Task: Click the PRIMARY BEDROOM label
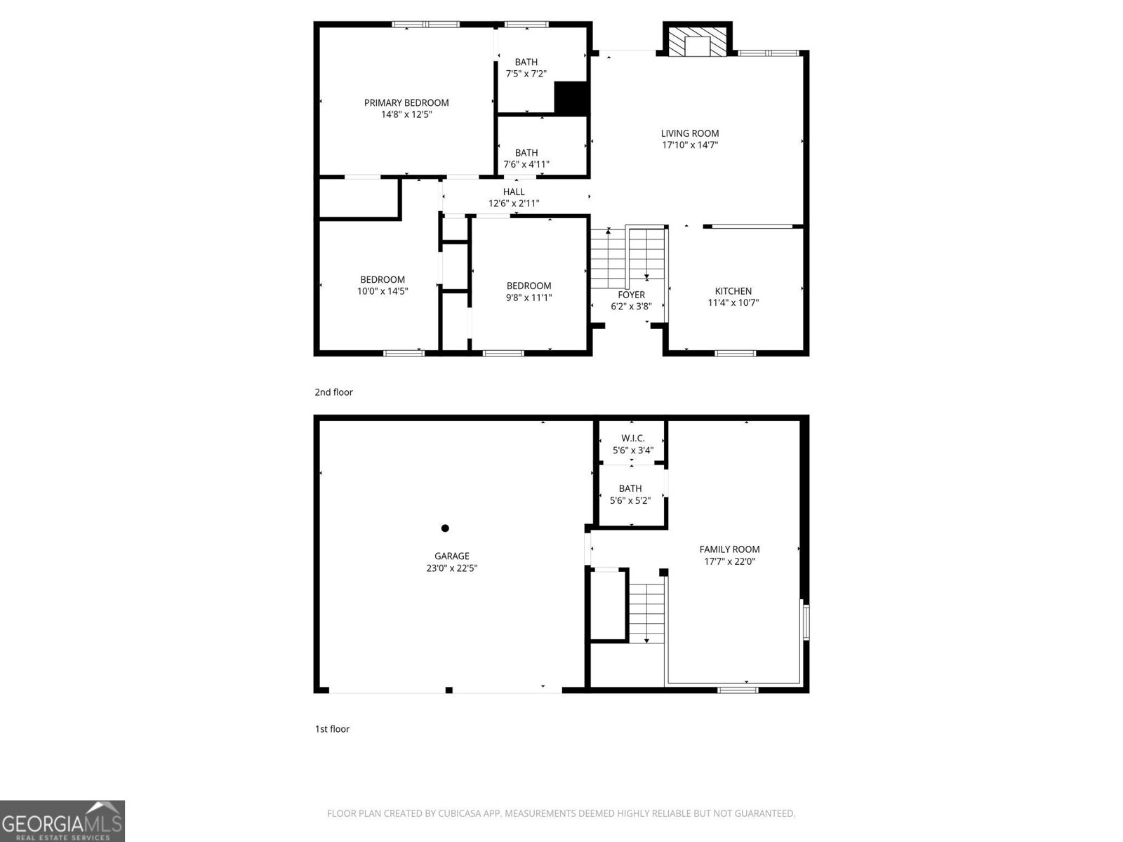point(406,102)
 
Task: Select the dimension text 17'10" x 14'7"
point(690,145)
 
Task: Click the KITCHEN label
point(733,291)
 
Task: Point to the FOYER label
point(631,295)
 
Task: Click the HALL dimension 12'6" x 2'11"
point(514,203)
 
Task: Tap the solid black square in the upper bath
point(571,98)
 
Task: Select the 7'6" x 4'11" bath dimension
point(526,164)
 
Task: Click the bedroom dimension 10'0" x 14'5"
point(383,290)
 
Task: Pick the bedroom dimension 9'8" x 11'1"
point(529,297)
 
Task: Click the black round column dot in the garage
point(445,528)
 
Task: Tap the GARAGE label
point(452,556)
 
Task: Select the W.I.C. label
point(632,439)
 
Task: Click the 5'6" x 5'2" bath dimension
point(630,500)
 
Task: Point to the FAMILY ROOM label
point(729,549)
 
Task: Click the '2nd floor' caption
point(333,392)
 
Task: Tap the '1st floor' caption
point(332,729)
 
